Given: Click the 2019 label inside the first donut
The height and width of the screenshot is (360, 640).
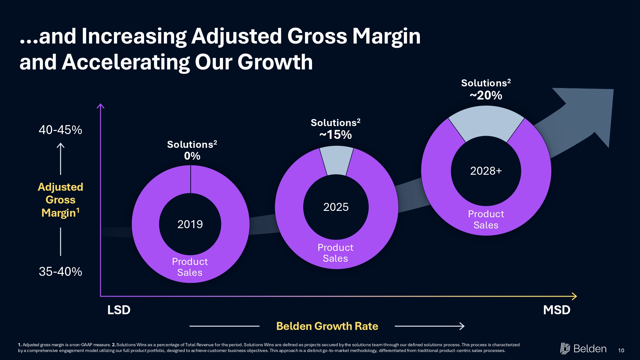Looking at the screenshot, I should (190, 224).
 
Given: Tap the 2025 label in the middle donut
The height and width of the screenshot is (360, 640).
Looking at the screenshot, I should (336, 207).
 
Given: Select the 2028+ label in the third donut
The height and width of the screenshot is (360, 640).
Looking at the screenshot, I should (486, 171).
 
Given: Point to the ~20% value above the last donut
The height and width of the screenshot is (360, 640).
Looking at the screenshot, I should (486, 95).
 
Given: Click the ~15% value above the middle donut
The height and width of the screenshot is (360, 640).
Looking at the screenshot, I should (335, 135).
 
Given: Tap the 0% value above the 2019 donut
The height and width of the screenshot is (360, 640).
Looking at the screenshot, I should (192, 156).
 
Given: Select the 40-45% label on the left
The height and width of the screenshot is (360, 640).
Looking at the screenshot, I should (60, 130).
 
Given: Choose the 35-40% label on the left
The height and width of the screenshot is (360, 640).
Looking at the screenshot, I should (60, 272).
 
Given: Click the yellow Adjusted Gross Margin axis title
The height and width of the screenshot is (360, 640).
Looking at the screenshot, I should (60, 200).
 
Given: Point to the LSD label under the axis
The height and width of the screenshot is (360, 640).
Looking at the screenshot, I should (119, 310).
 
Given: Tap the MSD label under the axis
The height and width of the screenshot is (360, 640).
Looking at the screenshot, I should (556, 310).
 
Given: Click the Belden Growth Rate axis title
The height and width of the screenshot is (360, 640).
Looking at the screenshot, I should (327, 326).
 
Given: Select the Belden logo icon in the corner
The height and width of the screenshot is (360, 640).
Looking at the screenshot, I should (565, 348).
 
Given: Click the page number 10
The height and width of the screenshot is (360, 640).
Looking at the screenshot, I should (621, 350).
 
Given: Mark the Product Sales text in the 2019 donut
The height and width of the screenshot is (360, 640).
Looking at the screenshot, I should (190, 267).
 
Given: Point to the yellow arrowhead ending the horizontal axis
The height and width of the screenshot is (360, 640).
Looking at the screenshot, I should (574, 296).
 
